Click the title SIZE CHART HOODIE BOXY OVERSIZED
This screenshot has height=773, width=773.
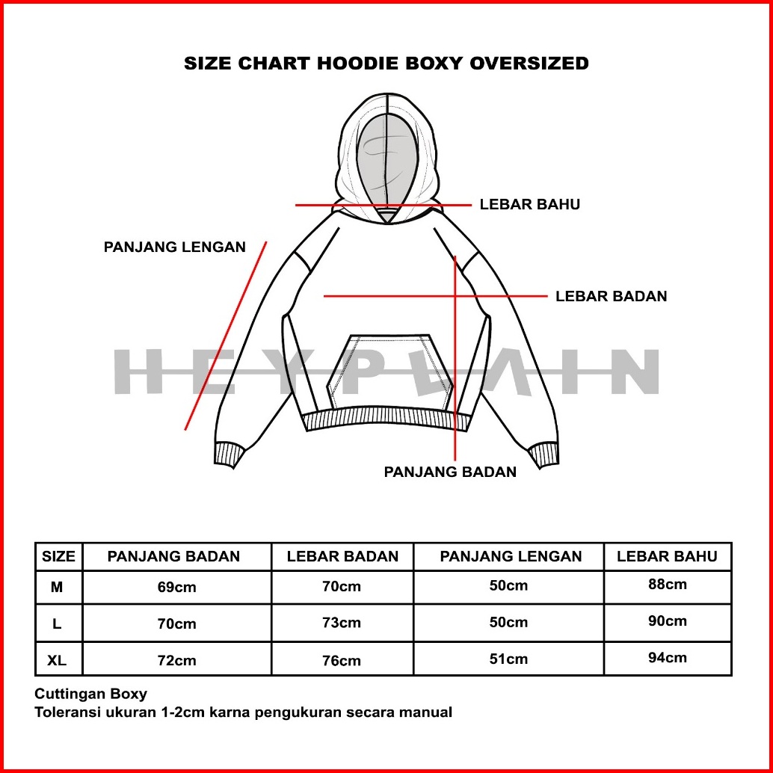pos(386,64)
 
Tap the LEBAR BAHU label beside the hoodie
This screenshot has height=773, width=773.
pos(529,204)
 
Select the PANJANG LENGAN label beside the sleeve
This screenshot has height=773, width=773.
pos(174,247)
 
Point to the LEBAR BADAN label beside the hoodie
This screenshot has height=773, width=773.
pos(611,296)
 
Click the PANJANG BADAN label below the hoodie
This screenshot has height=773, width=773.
pos(450,472)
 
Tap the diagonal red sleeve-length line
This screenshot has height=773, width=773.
pos(226,336)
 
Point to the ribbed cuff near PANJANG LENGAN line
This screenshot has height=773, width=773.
pos(230,455)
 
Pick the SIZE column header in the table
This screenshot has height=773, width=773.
pos(58,556)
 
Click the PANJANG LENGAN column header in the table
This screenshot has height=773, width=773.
pos(511,556)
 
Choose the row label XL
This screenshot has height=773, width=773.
pos(57,660)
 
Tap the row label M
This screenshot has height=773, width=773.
pos(57,587)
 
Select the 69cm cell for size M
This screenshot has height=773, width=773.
pos(176,587)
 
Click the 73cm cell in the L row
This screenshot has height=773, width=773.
pos(342,623)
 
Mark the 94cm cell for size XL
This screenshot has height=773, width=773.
pos(667,658)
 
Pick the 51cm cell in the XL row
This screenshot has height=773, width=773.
pos(508,659)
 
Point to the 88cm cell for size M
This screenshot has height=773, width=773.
pos(667,585)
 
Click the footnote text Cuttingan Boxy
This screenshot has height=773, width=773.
pos(91,694)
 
